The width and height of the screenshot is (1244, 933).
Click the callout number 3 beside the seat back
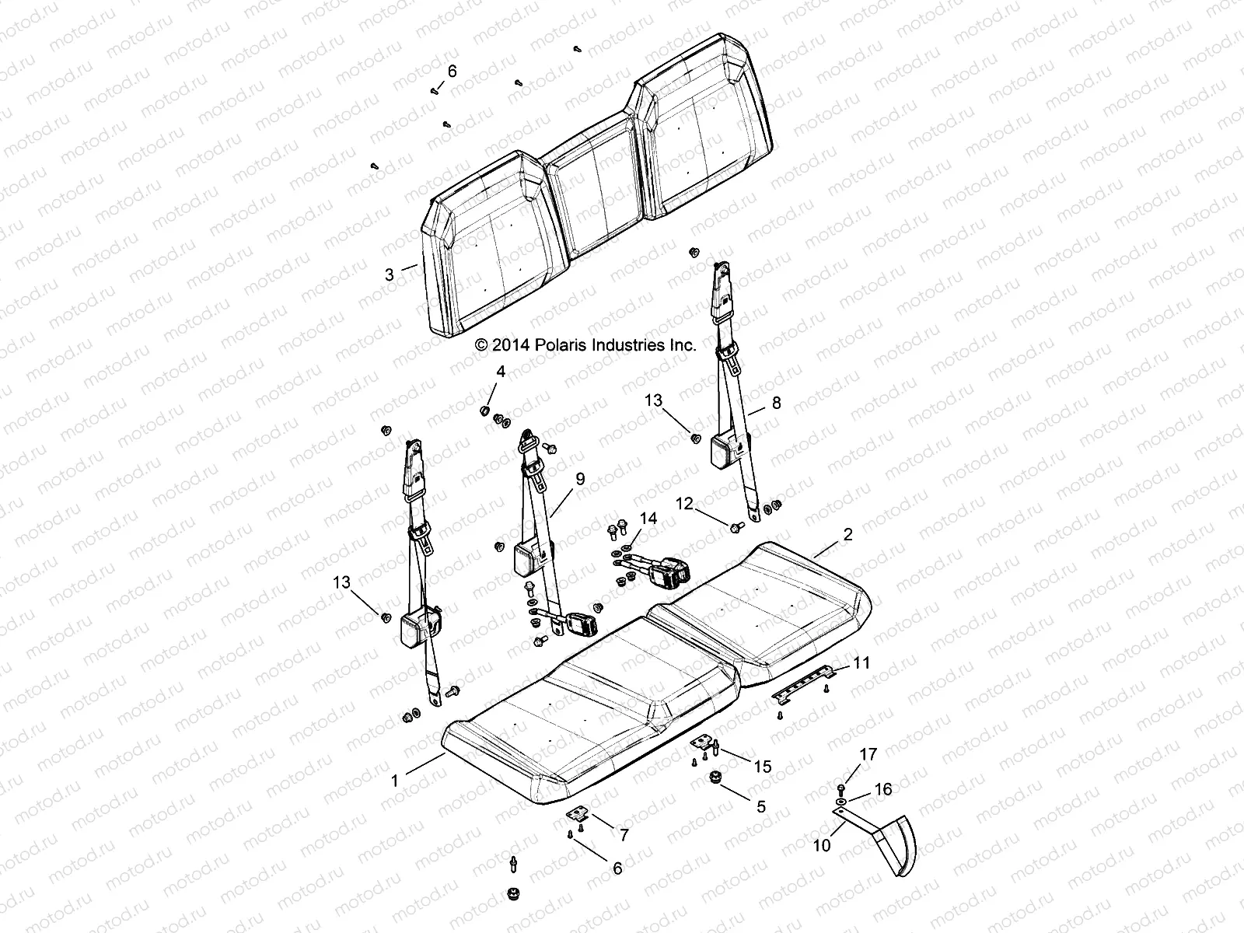tap(390, 274)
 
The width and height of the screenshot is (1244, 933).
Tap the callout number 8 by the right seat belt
tap(776, 404)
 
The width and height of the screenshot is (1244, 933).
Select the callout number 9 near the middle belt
tap(580, 480)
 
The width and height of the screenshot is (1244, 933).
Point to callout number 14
tap(648, 519)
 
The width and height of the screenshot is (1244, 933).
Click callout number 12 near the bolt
tap(684, 504)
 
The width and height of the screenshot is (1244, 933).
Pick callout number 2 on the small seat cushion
tap(848, 534)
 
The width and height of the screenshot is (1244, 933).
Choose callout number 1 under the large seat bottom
tap(395, 781)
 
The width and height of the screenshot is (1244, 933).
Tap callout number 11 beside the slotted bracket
tap(861, 663)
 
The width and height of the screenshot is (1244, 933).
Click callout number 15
tap(763, 767)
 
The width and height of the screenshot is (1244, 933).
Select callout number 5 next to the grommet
tap(761, 806)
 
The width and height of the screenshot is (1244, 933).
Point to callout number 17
tap(868, 754)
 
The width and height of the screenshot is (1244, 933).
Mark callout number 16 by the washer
tap(884, 790)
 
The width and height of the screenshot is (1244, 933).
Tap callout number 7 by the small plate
tap(623, 835)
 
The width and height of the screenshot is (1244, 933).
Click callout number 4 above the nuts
tap(501, 372)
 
